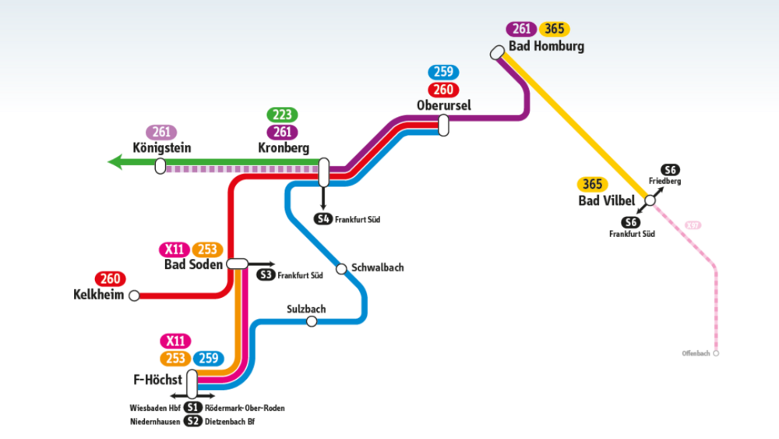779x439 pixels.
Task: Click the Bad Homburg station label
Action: [x=546, y=46]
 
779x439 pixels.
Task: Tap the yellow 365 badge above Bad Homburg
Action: [x=555, y=29]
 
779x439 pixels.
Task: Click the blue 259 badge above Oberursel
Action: [x=444, y=73]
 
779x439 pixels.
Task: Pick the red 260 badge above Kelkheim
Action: [x=111, y=279]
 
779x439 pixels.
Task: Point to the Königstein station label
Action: [x=162, y=147]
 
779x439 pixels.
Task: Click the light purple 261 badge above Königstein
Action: [x=162, y=132]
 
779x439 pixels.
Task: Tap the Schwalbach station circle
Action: [x=341, y=269]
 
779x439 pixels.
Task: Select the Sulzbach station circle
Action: [x=312, y=321]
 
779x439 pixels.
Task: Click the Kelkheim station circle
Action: [x=134, y=296]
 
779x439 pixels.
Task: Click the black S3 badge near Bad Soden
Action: [x=266, y=274]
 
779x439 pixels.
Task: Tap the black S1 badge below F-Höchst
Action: [x=192, y=408]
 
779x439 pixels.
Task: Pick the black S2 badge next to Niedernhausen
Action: [x=192, y=422]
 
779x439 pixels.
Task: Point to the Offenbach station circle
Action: [x=716, y=353]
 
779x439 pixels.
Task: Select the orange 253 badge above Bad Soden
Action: [x=207, y=250]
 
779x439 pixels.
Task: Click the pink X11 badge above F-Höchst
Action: [x=175, y=341]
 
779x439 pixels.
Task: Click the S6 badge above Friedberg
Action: [x=670, y=170]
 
